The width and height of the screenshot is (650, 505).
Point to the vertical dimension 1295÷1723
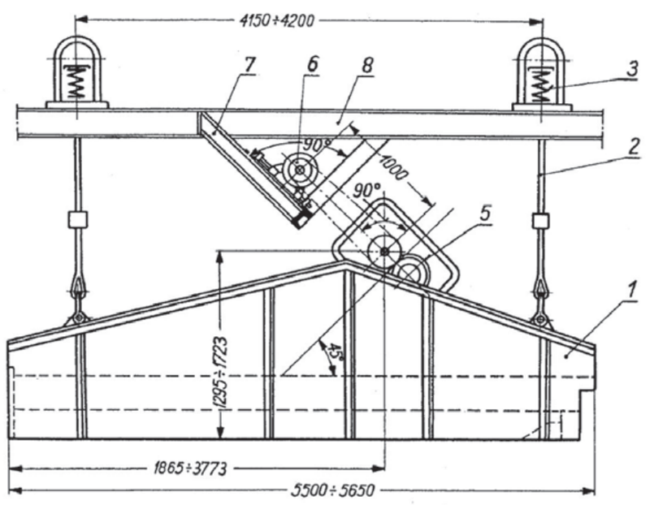click(x=219, y=349)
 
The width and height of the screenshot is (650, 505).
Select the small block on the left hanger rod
click(x=77, y=220)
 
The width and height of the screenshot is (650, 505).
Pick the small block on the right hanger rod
click(x=539, y=220)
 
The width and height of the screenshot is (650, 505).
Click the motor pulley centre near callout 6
click(x=302, y=170)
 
